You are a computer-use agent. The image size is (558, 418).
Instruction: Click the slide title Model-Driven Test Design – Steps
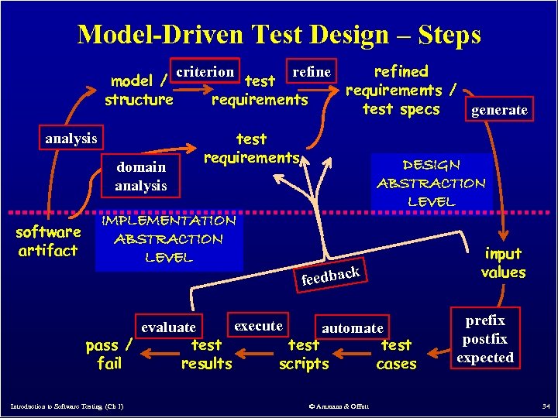[x=279, y=35]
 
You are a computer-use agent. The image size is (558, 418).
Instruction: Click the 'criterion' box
[x=205, y=72]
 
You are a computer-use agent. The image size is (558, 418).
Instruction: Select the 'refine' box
[x=312, y=72]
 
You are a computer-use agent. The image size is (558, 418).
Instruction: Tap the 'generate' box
[x=499, y=110]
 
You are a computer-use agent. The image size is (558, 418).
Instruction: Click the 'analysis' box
[x=71, y=139]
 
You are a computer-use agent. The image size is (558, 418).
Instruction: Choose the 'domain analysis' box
[x=141, y=176]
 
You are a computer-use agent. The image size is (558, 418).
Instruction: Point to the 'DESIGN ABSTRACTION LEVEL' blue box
[x=431, y=183]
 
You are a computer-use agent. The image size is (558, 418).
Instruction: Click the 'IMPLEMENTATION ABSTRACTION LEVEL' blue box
[x=169, y=238]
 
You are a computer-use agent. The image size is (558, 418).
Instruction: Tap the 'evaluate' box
[x=169, y=327]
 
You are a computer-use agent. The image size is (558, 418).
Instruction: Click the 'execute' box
[x=258, y=325]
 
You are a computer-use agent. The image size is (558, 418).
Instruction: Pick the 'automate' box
[x=353, y=328]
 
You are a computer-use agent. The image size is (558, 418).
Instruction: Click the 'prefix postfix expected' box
[x=485, y=339]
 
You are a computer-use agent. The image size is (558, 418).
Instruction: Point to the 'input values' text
[x=503, y=263]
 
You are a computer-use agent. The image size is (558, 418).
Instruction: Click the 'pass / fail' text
[x=109, y=354]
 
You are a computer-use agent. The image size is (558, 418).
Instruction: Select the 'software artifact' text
[x=48, y=241]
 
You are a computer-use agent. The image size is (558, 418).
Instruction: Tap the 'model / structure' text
[x=139, y=90]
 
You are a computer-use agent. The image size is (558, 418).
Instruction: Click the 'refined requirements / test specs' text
[x=401, y=90]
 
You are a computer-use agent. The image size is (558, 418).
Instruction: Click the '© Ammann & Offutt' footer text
[x=338, y=406]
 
